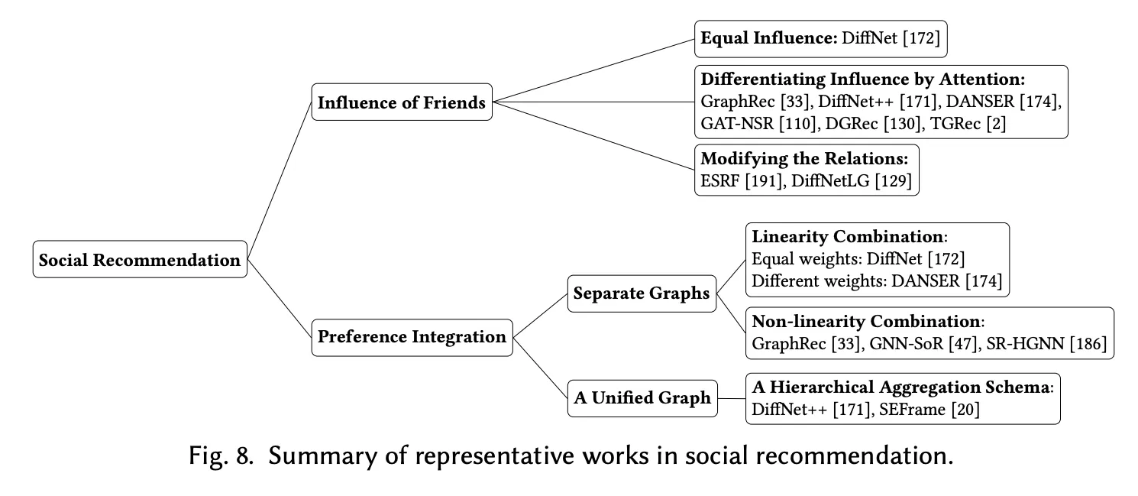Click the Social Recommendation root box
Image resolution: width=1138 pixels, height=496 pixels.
140,260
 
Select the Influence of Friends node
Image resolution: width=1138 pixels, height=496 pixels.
402,102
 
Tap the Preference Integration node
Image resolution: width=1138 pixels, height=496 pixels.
412,336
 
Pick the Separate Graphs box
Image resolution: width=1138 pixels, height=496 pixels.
642,293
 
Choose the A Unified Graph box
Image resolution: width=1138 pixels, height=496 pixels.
642,397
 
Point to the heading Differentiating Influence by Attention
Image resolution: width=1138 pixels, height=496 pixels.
862,79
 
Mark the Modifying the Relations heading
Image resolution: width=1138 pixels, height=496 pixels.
804,159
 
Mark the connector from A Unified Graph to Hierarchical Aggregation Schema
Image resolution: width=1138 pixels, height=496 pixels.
732,397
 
